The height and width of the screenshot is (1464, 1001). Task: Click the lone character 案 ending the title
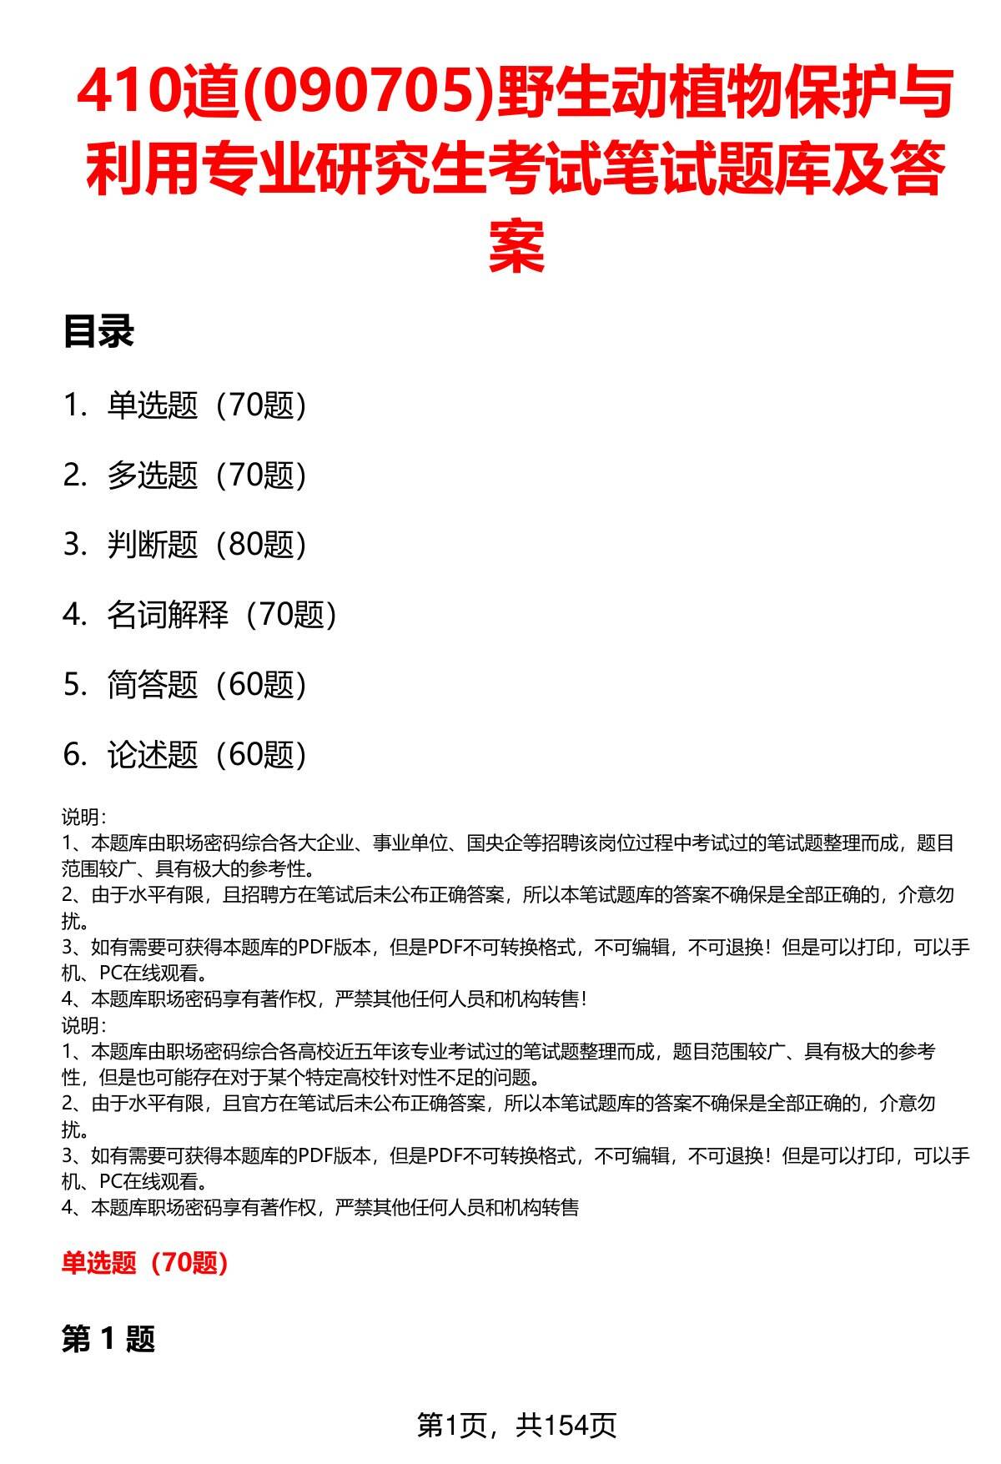coord(516,246)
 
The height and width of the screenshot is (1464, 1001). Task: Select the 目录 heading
coord(98,333)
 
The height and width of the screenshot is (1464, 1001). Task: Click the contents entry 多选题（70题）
coord(207,475)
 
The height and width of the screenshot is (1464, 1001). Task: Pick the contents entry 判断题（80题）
coord(207,545)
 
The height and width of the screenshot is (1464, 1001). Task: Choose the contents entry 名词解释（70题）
coord(222,615)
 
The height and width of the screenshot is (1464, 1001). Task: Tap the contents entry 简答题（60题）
coord(207,685)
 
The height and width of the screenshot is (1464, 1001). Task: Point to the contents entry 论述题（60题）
coord(207,755)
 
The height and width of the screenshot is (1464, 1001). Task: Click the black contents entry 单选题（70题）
coord(207,405)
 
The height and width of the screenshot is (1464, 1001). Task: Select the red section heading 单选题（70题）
coord(145,1263)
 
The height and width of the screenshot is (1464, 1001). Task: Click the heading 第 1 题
coord(108,1341)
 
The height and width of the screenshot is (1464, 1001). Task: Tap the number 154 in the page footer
coord(566,1425)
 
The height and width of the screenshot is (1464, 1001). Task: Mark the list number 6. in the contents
coord(74,755)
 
